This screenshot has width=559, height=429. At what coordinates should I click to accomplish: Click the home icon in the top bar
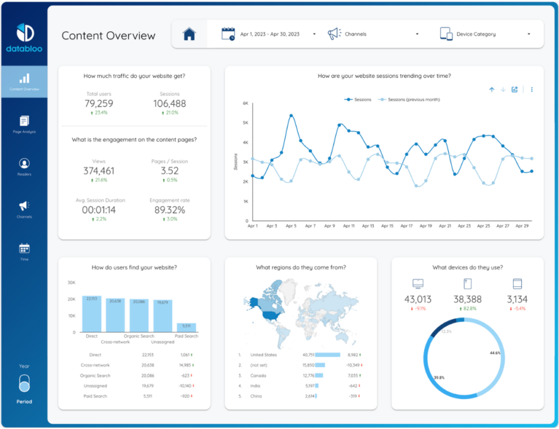[189, 34]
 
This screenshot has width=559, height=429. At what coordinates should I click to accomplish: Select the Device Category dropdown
[484, 34]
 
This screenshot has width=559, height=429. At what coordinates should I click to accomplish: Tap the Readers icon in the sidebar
[24, 164]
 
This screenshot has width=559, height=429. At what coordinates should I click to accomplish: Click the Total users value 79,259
[99, 104]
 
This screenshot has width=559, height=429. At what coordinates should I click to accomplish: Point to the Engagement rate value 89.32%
[169, 210]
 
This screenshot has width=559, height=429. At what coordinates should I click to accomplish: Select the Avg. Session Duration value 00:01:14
[99, 210]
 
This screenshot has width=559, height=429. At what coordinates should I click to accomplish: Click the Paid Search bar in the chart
[186, 327]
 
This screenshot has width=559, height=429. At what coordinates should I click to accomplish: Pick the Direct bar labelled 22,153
[91, 314]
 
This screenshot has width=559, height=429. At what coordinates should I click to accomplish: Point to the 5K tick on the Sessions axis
[245, 123]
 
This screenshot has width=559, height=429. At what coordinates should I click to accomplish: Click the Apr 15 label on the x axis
[387, 226]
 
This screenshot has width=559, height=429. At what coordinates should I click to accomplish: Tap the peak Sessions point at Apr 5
[291, 115]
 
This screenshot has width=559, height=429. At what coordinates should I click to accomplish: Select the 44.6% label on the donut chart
[495, 353]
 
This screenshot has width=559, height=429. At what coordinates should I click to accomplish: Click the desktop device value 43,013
[418, 299]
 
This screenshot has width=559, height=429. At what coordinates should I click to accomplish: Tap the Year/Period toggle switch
[24, 384]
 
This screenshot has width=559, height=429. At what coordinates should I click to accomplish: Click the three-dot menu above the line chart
[531, 89]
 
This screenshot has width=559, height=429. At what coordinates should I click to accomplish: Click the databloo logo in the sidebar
[24, 37]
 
